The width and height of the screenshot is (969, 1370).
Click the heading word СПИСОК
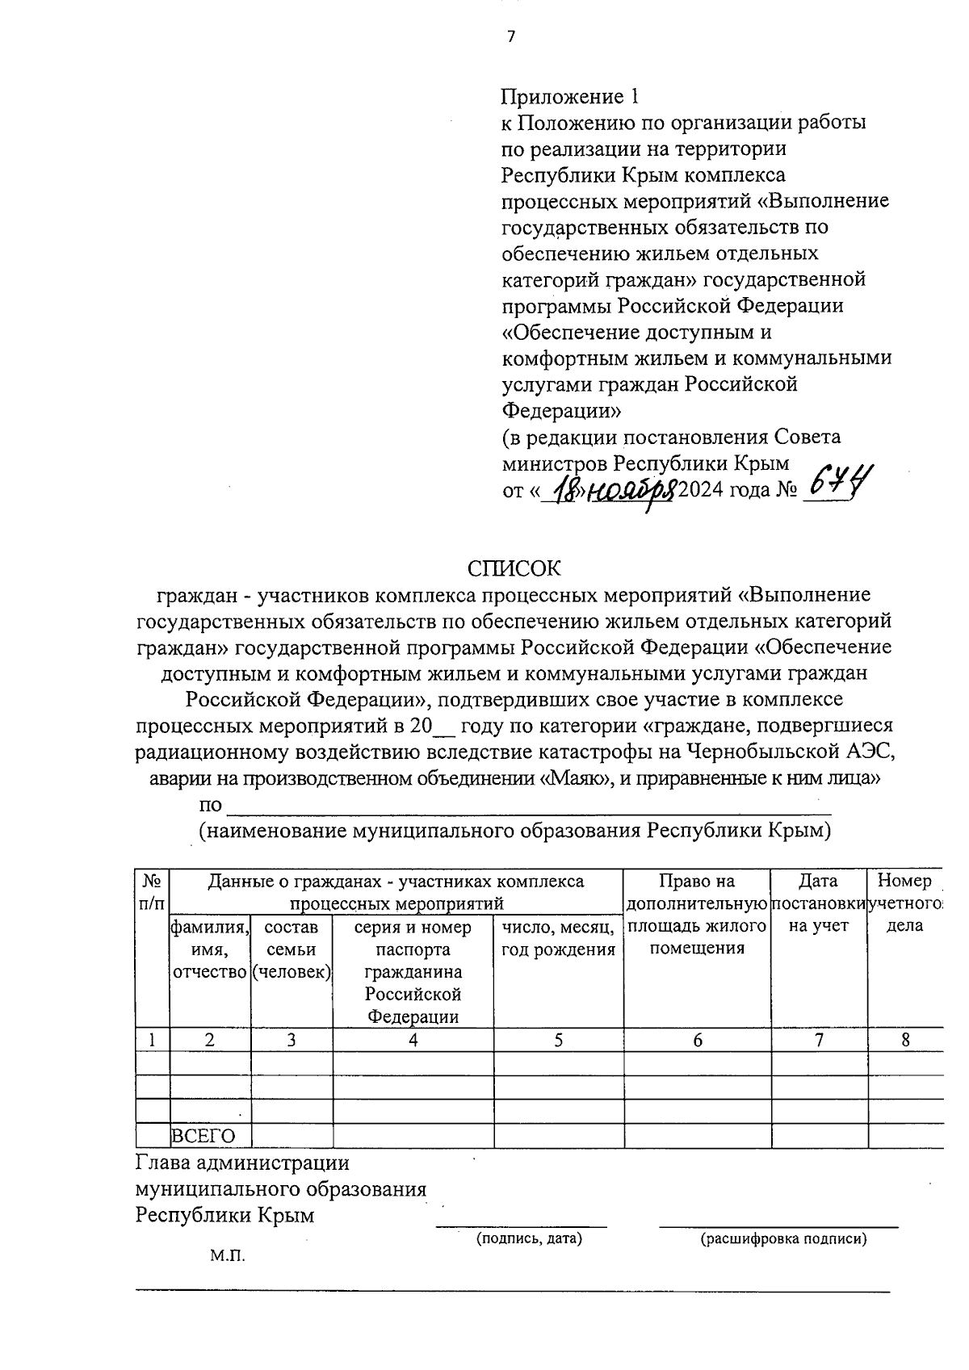coord(513,568)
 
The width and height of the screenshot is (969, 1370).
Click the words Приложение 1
coord(569,97)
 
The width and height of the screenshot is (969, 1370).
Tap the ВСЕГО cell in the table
coord(203,1136)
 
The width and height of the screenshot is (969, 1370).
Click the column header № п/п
coord(153,891)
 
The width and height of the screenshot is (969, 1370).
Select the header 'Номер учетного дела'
coord(905,903)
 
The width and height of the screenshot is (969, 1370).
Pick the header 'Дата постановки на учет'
coord(819,903)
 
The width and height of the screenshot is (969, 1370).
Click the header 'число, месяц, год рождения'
coord(559,938)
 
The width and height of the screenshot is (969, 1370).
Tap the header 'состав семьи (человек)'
coord(292,949)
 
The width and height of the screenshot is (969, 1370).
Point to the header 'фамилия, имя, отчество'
coord(210,949)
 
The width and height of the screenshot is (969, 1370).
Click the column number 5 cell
coord(559,1040)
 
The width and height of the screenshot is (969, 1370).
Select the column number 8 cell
coord(905,1040)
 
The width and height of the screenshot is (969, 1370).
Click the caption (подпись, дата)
coord(529,1238)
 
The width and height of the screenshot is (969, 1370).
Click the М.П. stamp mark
coord(227,1256)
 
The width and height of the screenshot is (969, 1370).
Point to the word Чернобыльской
coord(757,752)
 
